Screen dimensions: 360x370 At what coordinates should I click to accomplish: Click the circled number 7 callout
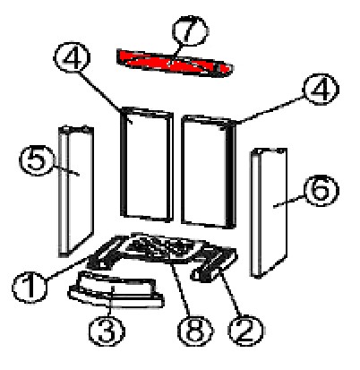click(191, 30)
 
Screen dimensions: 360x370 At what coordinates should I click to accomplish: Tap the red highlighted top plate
click(174, 64)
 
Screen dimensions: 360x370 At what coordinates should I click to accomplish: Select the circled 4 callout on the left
click(72, 57)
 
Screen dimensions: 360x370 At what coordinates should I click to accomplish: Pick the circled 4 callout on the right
click(321, 89)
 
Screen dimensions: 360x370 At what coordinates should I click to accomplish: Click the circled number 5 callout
click(37, 160)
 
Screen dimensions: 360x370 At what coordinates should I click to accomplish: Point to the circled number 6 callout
click(321, 190)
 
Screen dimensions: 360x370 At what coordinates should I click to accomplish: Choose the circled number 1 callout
click(30, 288)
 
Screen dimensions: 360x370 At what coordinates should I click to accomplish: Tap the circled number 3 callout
click(107, 331)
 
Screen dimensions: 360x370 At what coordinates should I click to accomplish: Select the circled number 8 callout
click(195, 331)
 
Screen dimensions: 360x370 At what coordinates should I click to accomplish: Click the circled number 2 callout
click(245, 330)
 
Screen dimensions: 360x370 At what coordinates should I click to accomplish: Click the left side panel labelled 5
click(76, 191)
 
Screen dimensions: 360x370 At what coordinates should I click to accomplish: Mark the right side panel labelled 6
click(269, 212)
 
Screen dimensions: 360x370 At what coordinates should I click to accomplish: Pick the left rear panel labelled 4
click(147, 164)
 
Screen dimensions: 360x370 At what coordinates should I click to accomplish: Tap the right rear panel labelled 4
click(209, 172)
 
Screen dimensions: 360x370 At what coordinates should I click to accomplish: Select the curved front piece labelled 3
click(116, 289)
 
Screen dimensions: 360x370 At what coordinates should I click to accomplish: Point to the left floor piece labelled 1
click(106, 253)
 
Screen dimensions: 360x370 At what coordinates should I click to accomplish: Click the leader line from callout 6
click(289, 201)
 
